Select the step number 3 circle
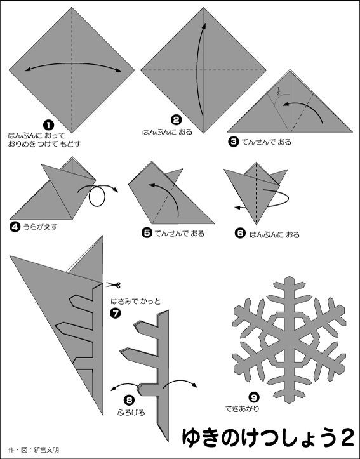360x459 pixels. tap(234, 142)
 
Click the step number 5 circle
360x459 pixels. tap(147, 234)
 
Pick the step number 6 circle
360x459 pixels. tap(240, 233)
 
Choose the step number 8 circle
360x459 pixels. tap(130, 401)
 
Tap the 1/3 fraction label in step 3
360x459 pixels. tap(277, 91)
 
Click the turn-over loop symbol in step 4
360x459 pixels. tap(97, 197)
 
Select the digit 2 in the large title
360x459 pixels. tap(346, 437)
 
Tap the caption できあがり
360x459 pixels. tap(242, 401)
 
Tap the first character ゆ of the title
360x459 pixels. tap(193, 437)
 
